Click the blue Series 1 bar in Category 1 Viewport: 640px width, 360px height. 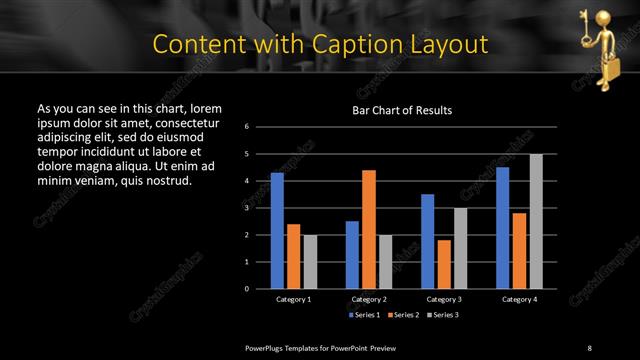(x=277, y=231)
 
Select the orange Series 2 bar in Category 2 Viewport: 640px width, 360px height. (x=369, y=229)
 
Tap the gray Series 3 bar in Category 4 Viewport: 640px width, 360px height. (x=536, y=221)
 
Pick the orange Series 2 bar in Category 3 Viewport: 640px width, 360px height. (x=444, y=264)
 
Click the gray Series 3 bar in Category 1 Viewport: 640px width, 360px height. (x=310, y=262)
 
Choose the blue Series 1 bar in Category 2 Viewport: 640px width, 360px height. (x=352, y=255)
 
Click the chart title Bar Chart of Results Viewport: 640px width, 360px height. (x=401, y=110)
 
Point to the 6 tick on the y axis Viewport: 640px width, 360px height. (x=260, y=127)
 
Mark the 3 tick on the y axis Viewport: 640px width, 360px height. (x=260, y=208)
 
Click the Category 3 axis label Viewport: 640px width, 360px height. (x=444, y=299)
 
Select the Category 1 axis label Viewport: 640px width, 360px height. (x=293, y=299)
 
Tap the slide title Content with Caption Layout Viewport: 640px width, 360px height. (x=320, y=44)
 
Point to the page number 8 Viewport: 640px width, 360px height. (x=589, y=347)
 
